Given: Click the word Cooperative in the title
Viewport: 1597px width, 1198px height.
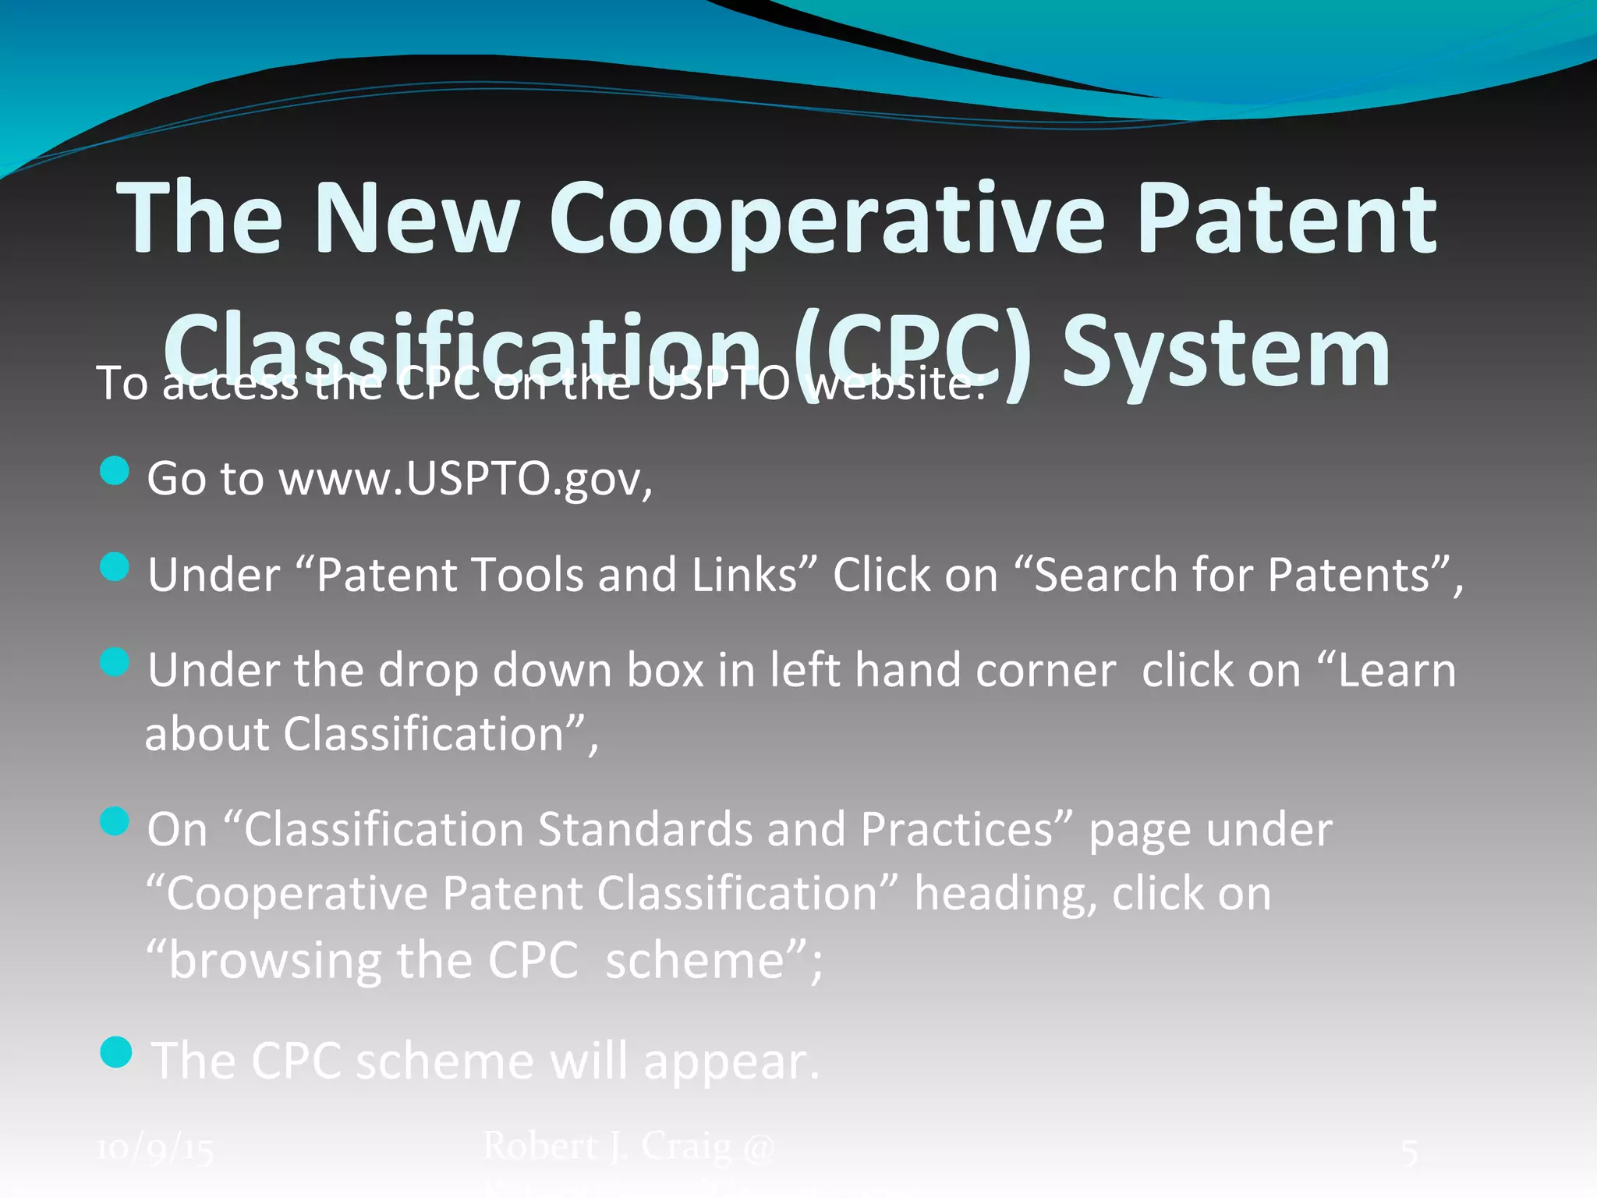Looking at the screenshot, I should pyautogui.click(x=827, y=220).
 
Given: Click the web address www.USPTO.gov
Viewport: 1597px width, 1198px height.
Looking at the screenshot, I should pyautogui.click(x=466, y=478).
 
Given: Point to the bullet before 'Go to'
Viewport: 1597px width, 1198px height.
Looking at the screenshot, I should pyautogui.click(x=115, y=471).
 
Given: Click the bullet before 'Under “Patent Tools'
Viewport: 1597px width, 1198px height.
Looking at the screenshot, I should pyautogui.click(x=115, y=567).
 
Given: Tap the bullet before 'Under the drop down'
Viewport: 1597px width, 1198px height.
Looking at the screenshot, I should pyautogui.click(x=115, y=662).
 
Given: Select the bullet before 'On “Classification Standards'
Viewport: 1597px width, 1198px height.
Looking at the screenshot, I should pyautogui.click(x=115, y=821).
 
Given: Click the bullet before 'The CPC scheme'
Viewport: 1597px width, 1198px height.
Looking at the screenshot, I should pyautogui.click(x=116, y=1052).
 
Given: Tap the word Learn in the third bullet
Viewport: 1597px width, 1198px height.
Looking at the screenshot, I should pyautogui.click(x=1396, y=671).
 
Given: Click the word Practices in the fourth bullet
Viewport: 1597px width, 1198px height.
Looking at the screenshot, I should pyautogui.click(x=957, y=829).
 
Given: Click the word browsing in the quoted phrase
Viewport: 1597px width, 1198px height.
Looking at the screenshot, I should pyautogui.click(x=274, y=960).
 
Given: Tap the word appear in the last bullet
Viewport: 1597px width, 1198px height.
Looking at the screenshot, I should pyautogui.click(x=731, y=1062).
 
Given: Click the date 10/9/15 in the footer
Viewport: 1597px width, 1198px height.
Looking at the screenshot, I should pyautogui.click(x=155, y=1149).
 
